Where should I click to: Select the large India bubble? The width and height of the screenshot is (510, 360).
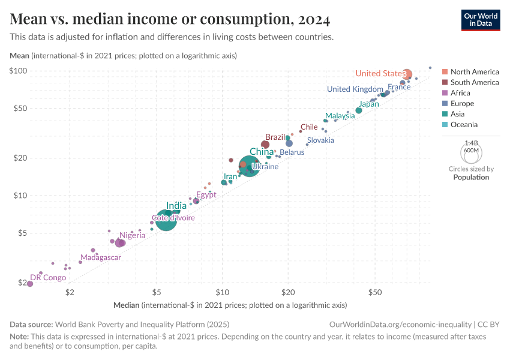(x=166, y=220)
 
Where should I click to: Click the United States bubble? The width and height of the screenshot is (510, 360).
(x=407, y=74)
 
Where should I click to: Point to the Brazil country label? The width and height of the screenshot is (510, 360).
(x=275, y=137)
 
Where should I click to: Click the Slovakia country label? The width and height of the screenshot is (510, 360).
(x=320, y=140)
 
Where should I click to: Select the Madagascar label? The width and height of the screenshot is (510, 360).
(x=101, y=257)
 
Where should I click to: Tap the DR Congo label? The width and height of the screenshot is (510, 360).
(x=48, y=278)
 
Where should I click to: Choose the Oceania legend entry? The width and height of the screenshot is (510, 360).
(x=464, y=125)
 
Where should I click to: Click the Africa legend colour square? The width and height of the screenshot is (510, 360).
(x=445, y=93)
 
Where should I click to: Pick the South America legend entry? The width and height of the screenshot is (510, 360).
(x=474, y=82)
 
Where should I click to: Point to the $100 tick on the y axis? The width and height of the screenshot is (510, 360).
(x=20, y=71)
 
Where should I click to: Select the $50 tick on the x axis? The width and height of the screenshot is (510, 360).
(x=375, y=292)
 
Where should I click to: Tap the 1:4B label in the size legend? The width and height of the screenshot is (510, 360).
(x=471, y=143)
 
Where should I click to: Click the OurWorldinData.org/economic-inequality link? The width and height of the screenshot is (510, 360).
(x=400, y=324)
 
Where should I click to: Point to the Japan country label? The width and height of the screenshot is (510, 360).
(x=369, y=104)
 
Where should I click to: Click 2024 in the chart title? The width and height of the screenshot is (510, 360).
(x=312, y=19)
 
